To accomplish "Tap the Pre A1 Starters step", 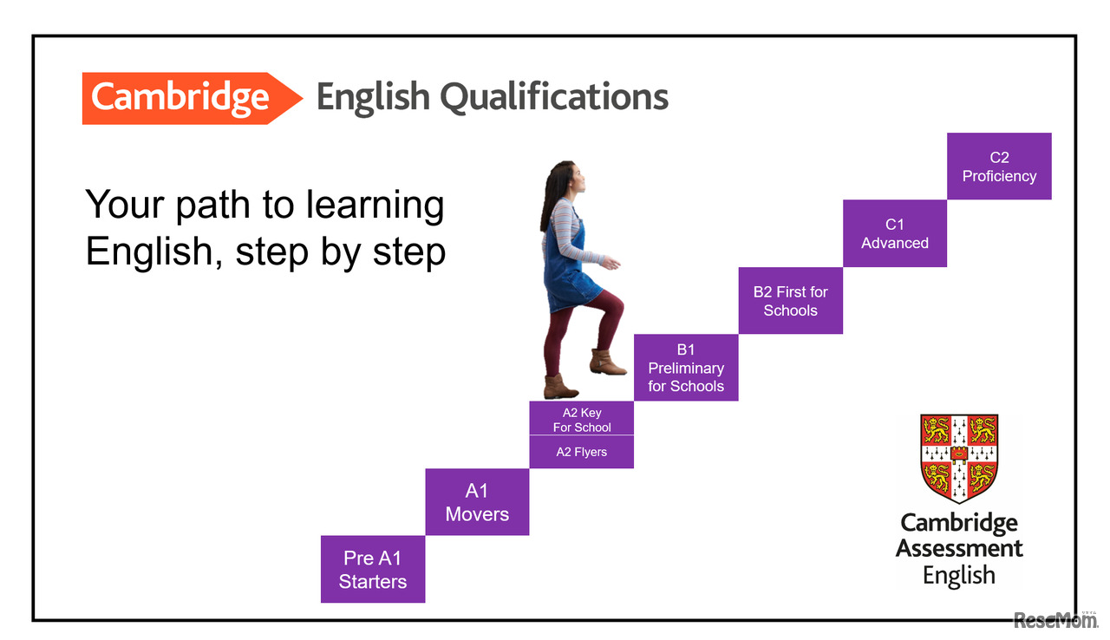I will [x=373, y=569].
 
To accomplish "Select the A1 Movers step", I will [x=477, y=502].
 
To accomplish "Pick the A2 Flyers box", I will [x=581, y=452].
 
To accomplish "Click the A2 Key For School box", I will [x=582, y=420].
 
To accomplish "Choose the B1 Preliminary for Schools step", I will [x=686, y=368].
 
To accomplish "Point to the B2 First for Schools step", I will [x=790, y=301].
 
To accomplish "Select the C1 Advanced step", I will [x=894, y=234].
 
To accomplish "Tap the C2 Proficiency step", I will [x=999, y=167].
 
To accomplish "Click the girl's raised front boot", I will [x=608, y=362].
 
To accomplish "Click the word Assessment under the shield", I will [x=959, y=549].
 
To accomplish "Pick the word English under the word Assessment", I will [x=959, y=575].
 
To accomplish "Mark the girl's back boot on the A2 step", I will [x=559, y=387].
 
